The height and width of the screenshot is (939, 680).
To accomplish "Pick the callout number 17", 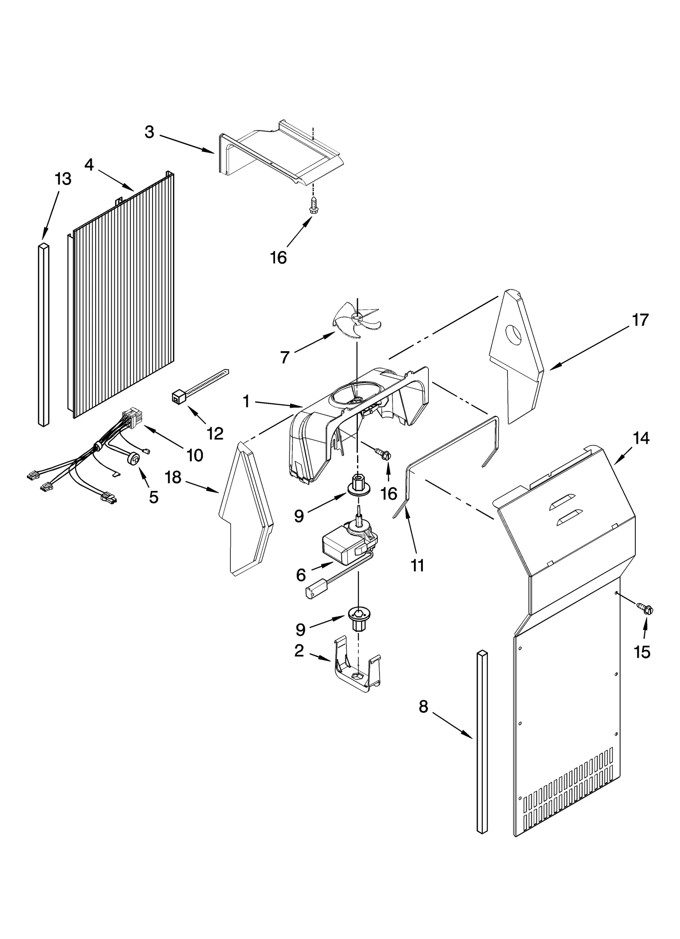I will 640,320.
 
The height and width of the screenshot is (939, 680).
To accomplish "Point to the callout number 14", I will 641,438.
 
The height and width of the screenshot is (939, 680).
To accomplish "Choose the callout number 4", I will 89,165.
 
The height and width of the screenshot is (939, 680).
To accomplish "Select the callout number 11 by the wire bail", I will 417,565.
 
